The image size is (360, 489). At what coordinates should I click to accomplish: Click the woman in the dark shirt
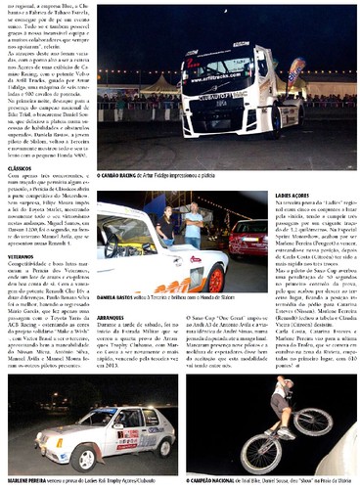tap(168, 226)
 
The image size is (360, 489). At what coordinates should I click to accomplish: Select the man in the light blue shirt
tap(194, 224)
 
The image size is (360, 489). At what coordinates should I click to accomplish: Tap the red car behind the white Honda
tap(248, 234)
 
